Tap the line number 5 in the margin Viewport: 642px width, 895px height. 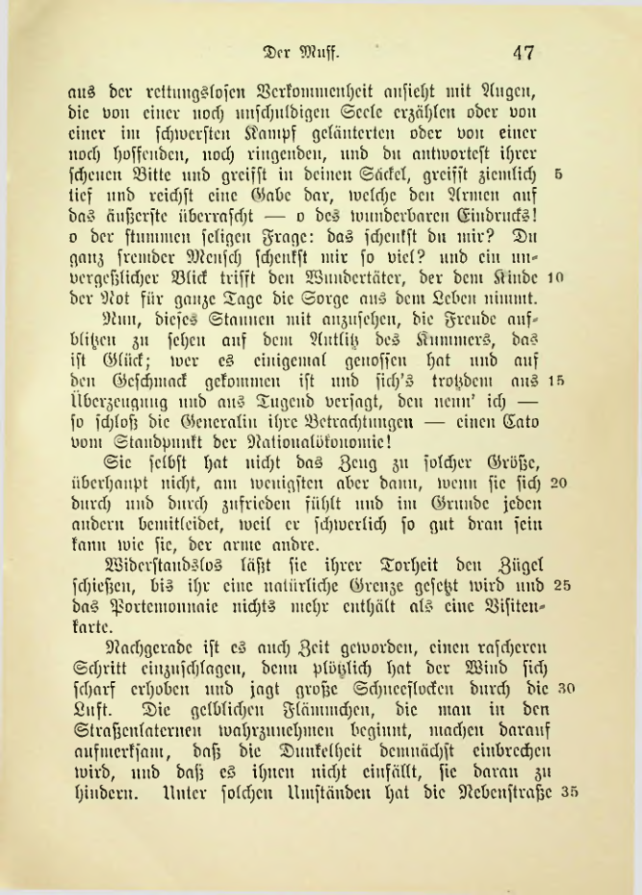tap(559, 151)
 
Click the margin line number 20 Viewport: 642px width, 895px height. tap(555, 481)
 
